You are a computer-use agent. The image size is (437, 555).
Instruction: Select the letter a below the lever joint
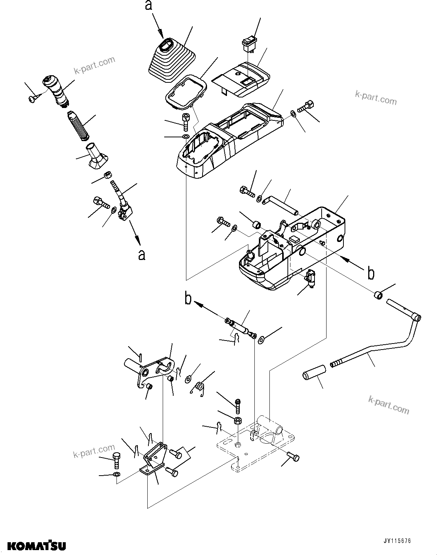(141, 255)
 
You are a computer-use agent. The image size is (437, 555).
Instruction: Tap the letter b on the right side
(371, 274)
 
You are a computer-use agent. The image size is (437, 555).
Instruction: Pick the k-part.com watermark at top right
(376, 98)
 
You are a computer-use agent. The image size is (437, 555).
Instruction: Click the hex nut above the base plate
(237, 420)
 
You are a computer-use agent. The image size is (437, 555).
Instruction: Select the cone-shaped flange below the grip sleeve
(96, 157)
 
